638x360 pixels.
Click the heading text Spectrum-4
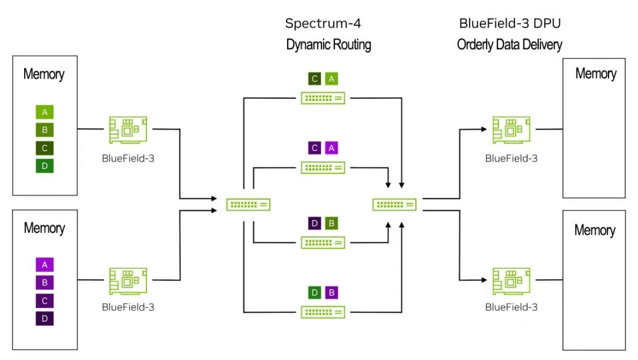pyautogui.click(x=323, y=24)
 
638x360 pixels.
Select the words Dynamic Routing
pyautogui.click(x=328, y=45)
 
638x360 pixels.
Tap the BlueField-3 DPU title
pyautogui.click(x=510, y=24)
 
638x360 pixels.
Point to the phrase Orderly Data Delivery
pyautogui.click(x=509, y=45)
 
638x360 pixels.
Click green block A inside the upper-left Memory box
pyautogui.click(x=44, y=112)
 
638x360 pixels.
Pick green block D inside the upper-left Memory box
pyautogui.click(x=44, y=166)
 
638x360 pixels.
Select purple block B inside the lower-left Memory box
pyautogui.click(x=44, y=283)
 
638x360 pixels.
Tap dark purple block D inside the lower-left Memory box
pyautogui.click(x=44, y=319)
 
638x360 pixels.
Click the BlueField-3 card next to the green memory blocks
pyautogui.click(x=128, y=129)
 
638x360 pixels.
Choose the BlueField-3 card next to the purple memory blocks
pyautogui.click(x=128, y=281)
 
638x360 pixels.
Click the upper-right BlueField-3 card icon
pyautogui.click(x=511, y=129)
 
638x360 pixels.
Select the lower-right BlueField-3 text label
pyautogui.click(x=511, y=307)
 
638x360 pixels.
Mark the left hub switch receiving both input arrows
pyautogui.click(x=249, y=205)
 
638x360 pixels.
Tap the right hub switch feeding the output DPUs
pyautogui.click(x=394, y=205)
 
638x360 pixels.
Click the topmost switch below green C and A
pyautogui.click(x=323, y=98)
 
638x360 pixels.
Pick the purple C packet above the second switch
pyautogui.click(x=315, y=148)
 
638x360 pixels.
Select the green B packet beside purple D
pyautogui.click(x=331, y=223)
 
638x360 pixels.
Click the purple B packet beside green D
pyautogui.click(x=331, y=292)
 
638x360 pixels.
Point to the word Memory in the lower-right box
pyautogui.click(x=594, y=230)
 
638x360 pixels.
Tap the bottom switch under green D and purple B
pyautogui.click(x=323, y=312)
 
